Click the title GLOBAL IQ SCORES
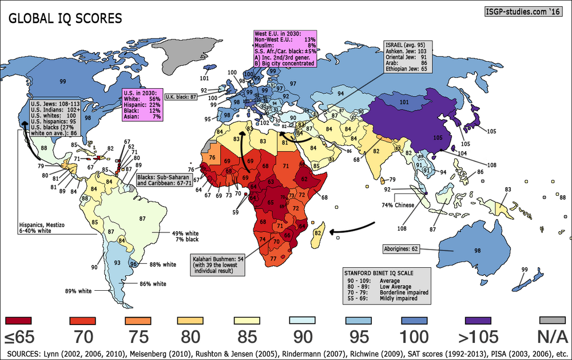64,18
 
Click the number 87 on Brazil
142,218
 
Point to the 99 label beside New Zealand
523,270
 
